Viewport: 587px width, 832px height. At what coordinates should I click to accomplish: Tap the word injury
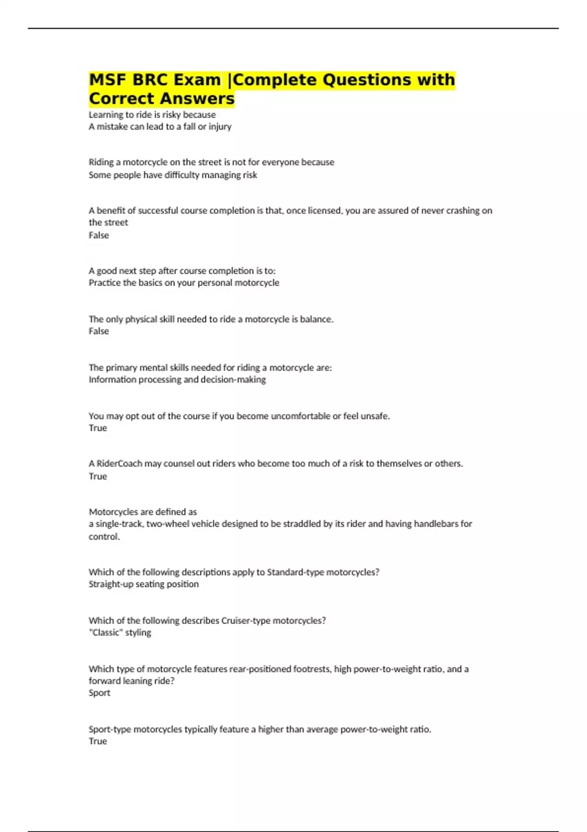[220, 127]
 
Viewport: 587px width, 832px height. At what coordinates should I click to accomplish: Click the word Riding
[101, 162]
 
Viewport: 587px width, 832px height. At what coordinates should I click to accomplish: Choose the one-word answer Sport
[99, 693]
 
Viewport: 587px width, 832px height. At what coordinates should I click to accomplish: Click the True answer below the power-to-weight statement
[97, 741]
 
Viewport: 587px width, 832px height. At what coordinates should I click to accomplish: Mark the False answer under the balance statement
[98, 331]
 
